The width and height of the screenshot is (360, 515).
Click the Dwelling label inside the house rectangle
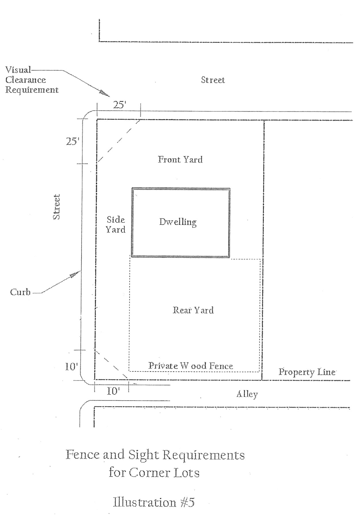178,222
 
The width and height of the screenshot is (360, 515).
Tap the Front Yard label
180,159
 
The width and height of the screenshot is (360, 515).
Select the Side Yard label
116,225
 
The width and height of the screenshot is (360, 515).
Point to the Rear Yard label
193,310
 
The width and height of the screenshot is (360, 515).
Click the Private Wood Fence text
191,366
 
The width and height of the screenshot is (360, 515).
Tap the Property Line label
307,372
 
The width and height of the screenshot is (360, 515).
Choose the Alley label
247,394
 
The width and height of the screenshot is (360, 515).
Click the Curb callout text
20,292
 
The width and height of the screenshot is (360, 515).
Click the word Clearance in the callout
26,80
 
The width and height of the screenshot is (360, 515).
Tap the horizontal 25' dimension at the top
120,105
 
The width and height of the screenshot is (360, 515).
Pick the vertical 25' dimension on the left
72,142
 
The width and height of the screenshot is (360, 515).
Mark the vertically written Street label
57,207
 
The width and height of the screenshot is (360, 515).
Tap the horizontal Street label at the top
213,80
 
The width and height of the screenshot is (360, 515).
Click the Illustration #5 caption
154,502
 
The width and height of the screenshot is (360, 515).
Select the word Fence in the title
83,455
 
